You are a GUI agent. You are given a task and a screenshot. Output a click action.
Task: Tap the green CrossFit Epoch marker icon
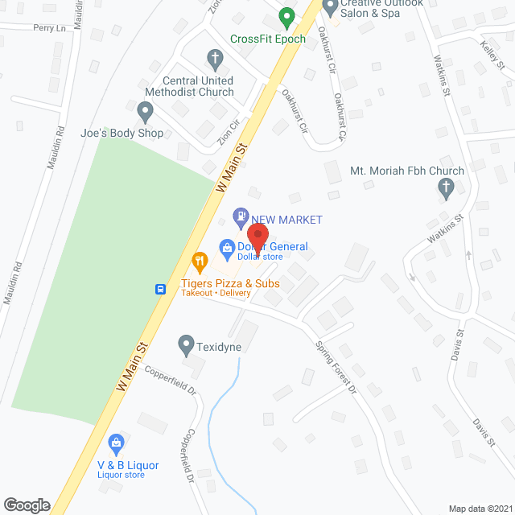[x=286, y=15]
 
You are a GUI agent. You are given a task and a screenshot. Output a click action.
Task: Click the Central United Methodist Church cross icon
[x=215, y=58]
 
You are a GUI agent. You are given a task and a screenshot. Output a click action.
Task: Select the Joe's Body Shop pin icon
[x=145, y=110]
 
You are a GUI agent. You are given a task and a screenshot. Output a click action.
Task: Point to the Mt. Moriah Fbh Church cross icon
[x=445, y=188]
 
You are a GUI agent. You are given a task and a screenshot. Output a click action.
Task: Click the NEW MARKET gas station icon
[x=240, y=216]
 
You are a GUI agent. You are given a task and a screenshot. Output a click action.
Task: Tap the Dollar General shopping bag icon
[x=228, y=247]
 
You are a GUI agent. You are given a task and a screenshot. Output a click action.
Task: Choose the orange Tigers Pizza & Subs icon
[x=200, y=261]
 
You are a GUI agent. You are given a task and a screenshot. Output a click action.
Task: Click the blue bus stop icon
[x=161, y=289]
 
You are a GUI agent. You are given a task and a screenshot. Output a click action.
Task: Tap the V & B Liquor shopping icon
[x=117, y=443]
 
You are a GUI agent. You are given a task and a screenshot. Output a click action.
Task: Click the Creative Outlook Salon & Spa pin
[x=330, y=6]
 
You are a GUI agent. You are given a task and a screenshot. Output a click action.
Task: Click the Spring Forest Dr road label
[x=335, y=366]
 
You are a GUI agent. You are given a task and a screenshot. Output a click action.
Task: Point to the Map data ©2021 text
[x=480, y=508]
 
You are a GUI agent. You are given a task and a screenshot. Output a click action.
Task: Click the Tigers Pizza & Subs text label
[x=229, y=283]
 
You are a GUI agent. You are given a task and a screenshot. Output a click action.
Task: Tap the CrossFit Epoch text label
[x=266, y=39]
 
